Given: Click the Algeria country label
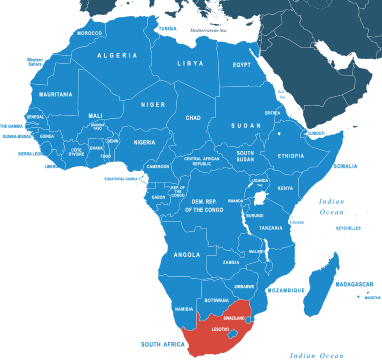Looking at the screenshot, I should click(116, 56).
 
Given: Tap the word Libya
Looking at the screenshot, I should click(190, 63).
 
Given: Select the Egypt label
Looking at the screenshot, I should click(241, 65).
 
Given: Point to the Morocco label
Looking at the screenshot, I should click(89, 33).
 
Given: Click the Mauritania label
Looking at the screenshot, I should click(55, 94).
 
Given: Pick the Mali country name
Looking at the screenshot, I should click(96, 115).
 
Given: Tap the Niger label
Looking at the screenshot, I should click(152, 104).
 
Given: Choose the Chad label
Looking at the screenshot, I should click(194, 118).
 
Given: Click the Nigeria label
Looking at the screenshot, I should click(145, 142).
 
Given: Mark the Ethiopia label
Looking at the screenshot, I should click(291, 156).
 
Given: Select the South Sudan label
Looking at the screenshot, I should click(245, 156).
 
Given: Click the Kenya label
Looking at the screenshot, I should click(285, 188).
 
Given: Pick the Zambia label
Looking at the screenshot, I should click(231, 262).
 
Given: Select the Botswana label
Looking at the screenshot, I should click(216, 300).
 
